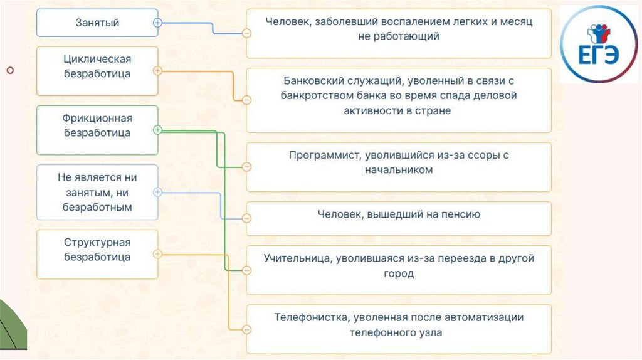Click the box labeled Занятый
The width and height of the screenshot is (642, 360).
click(x=97, y=23)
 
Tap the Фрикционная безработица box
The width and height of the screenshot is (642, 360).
click(x=97, y=130)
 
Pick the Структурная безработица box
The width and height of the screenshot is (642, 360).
click(x=97, y=254)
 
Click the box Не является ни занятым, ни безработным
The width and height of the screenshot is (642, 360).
click(x=97, y=192)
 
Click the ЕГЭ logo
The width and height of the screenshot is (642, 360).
click(x=599, y=45)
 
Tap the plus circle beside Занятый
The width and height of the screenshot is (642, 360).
click(x=157, y=22)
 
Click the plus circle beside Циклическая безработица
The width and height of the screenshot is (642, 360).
click(x=157, y=71)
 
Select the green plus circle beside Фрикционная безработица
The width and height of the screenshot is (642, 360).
click(x=157, y=130)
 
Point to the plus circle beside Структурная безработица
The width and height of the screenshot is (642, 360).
click(x=157, y=254)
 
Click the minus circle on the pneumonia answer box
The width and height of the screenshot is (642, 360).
click(x=247, y=33)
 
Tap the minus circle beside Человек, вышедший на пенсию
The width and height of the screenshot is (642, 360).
click(x=247, y=218)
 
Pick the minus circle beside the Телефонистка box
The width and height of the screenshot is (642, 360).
click(x=247, y=329)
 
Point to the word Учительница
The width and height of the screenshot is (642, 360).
click(x=297, y=258)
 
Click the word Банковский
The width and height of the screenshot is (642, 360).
click(x=315, y=81)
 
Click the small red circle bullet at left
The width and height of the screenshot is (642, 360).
click(x=10, y=70)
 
